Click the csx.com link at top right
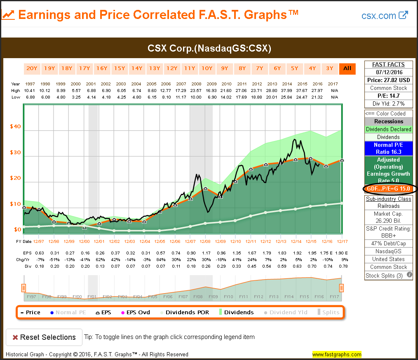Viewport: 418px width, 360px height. pyautogui.click(x=384, y=16)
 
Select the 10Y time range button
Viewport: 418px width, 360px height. pyautogui.click(x=207, y=68)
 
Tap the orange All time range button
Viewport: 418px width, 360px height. pyautogui.click(x=348, y=68)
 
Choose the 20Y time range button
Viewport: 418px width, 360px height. pyautogui.click(x=32, y=68)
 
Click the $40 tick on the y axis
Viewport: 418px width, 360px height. pyautogui.click(x=15, y=127)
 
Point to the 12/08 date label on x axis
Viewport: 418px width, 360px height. pyautogui.click(x=205, y=241)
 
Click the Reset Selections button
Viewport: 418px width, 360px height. pyautogui.click(x=44, y=337)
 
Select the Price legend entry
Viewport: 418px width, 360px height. pyautogui.click(x=31, y=312)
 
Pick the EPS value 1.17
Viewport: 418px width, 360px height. pyautogui.click(x=205, y=253)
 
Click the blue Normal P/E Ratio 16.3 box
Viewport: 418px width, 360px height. pyautogui.click(x=388, y=148)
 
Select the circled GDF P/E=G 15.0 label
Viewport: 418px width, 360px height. pyautogui.click(x=388, y=189)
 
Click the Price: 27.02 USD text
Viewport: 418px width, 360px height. pyautogui.click(x=388, y=80)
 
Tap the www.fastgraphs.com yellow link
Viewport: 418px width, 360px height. pyautogui.click(x=337, y=354)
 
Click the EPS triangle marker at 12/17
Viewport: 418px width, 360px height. pyautogui.click(x=342, y=160)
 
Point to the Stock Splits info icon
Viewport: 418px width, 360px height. pyautogui.click(x=409, y=275)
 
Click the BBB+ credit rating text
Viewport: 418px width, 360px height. pyautogui.click(x=388, y=235)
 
